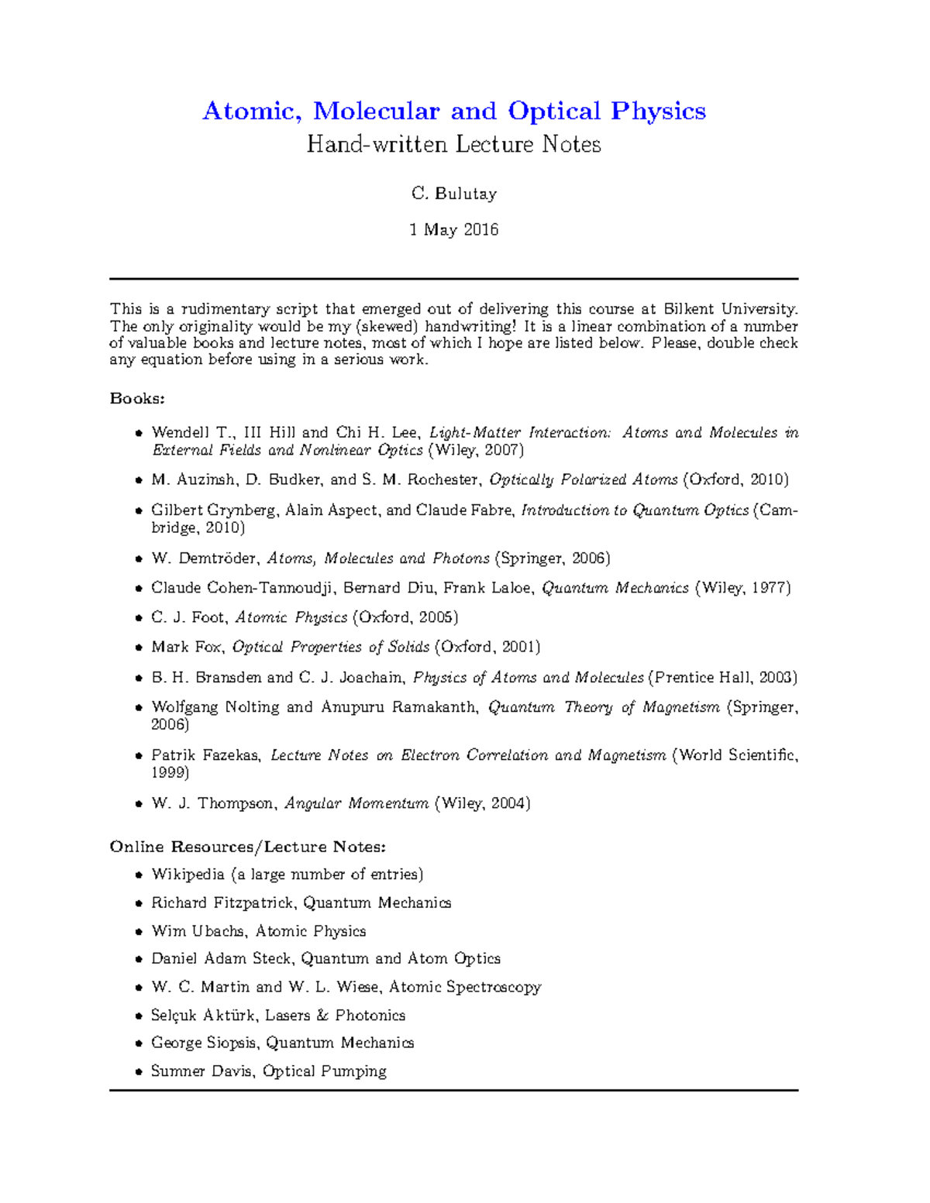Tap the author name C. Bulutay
453,194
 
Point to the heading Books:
137,398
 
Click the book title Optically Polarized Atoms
584,479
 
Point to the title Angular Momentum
356,803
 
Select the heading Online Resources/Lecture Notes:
247,847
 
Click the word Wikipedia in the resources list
188,875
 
